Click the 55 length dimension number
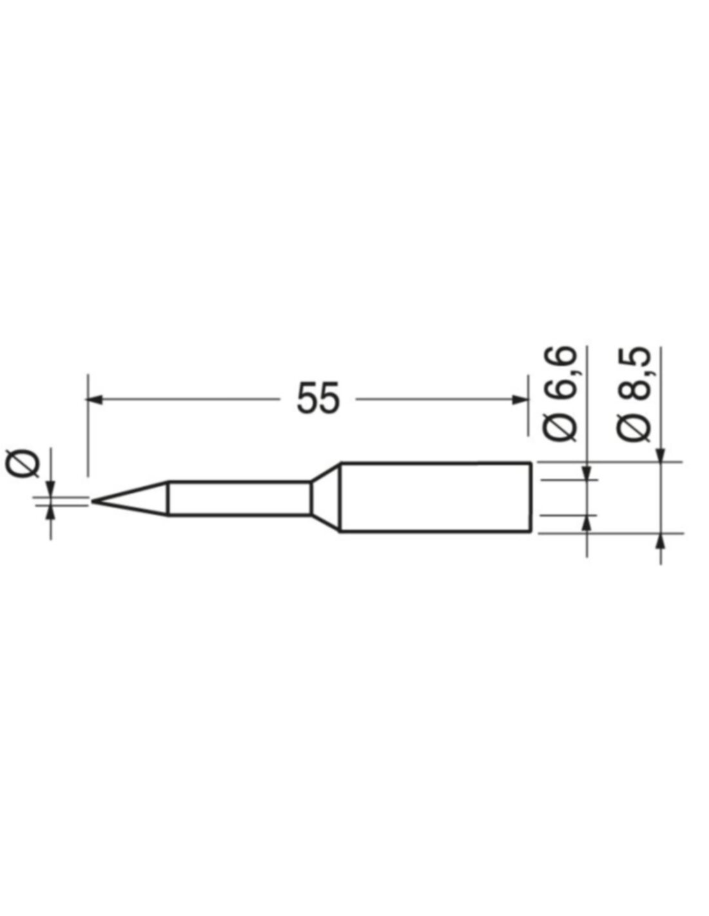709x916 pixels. pyautogui.click(x=318, y=398)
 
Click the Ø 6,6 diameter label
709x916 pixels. pyautogui.click(x=559, y=394)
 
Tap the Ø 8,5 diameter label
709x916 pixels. pyautogui.click(x=634, y=394)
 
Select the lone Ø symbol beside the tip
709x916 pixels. pyautogui.click(x=23, y=463)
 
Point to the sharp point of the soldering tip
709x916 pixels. pyautogui.click(x=92, y=501)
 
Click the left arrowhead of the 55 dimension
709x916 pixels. pyautogui.click(x=95, y=399)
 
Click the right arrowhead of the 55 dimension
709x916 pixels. pyautogui.click(x=520, y=399)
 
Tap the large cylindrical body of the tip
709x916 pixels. pyautogui.click(x=435, y=497)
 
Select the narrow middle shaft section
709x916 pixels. pyautogui.click(x=240, y=497)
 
